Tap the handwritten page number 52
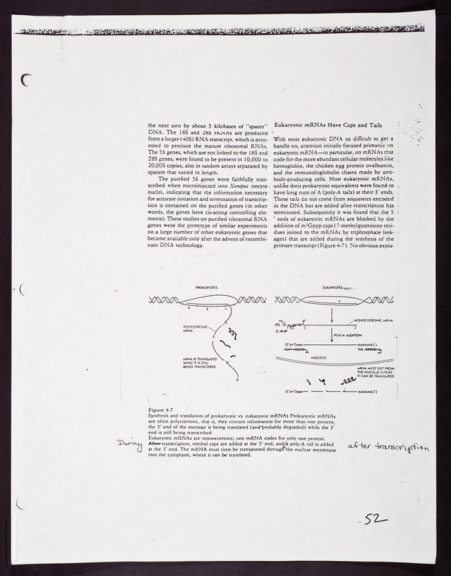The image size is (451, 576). point(377,518)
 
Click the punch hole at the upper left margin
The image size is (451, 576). point(28,81)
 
